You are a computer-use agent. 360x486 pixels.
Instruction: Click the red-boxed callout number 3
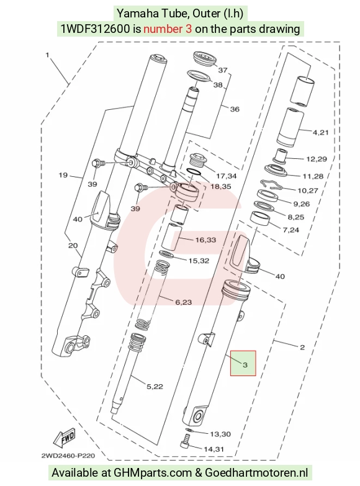pos(245,364)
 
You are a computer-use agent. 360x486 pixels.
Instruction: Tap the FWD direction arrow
pos(65,438)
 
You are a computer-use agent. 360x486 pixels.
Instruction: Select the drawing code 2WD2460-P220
pos(68,456)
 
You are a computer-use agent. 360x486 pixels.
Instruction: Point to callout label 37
pos(223,70)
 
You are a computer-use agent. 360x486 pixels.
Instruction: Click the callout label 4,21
pos(320,133)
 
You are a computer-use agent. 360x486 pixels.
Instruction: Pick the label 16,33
pos(205,240)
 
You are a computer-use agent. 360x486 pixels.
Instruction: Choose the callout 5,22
pos(155,387)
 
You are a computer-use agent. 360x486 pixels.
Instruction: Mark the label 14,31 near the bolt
pos(214,449)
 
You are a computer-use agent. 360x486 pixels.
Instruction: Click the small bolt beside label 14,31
pos(185,441)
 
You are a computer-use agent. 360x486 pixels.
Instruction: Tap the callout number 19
pos(63,175)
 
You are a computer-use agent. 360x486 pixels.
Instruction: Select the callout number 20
pos(73,245)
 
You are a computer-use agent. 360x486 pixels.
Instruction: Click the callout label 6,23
pos(184,302)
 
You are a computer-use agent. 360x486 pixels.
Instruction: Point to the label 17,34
pos(227,176)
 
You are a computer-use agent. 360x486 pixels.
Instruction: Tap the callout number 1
pos(47,55)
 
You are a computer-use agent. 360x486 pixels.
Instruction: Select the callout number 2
pos(302,348)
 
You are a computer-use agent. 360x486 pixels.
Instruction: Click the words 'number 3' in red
pos(168,29)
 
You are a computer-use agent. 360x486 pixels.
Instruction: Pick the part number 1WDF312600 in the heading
pos(95,29)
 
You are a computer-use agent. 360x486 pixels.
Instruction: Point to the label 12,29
pos(317,159)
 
